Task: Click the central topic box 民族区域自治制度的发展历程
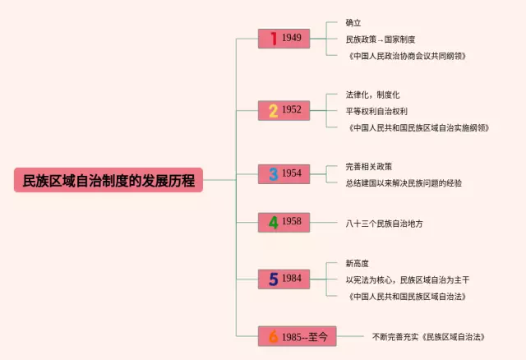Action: point(108,180)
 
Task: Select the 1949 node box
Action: point(284,39)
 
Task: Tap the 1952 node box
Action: point(284,110)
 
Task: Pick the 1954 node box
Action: point(284,173)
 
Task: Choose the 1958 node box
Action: point(284,222)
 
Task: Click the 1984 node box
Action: point(284,279)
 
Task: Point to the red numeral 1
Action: point(273,39)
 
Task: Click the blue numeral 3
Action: point(273,173)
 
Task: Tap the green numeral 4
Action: point(273,222)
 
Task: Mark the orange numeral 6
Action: point(273,336)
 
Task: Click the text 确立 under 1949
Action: point(353,23)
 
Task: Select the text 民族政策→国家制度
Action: point(381,39)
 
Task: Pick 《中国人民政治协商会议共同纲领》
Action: point(407,55)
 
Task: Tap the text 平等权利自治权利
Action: point(376,110)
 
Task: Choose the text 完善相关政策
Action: point(369,166)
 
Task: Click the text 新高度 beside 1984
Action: point(358,263)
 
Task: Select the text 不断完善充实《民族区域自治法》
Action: point(428,337)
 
